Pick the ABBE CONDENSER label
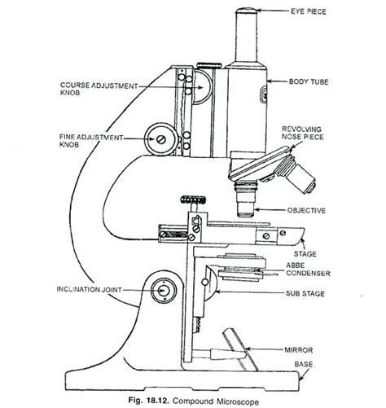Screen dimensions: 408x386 314,270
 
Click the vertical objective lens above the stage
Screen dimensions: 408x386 243,198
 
